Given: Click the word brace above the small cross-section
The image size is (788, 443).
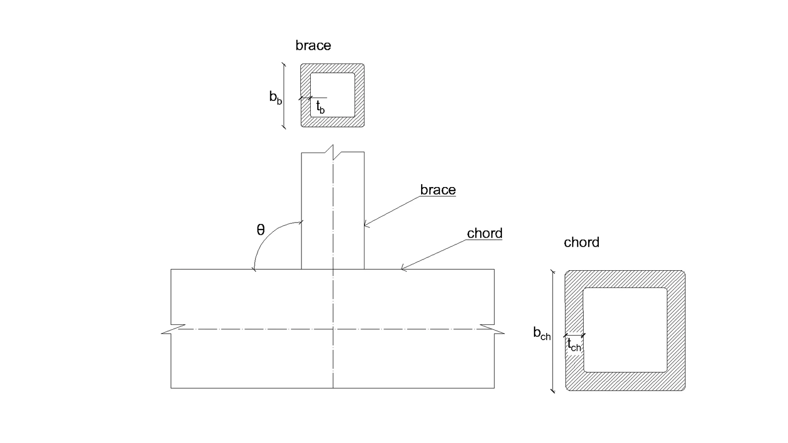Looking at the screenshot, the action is [313, 46].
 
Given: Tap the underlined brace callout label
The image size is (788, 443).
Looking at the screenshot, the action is [438, 190].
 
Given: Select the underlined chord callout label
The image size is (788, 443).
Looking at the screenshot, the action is [485, 233].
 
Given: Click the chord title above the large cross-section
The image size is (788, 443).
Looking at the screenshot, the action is [582, 242].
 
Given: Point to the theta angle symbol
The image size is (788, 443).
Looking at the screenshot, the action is [261, 230].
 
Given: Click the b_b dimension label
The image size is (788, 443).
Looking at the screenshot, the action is [275, 97].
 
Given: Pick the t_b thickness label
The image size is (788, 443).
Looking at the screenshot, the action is [320, 107].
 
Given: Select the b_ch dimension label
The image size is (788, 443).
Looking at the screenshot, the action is [542, 333].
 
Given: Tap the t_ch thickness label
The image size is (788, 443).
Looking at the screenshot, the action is [574, 344].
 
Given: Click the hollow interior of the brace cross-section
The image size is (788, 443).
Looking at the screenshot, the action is [332, 95].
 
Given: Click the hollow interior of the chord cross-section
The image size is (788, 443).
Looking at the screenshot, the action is [625, 330].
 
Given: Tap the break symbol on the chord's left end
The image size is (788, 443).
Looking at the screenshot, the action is [173, 329].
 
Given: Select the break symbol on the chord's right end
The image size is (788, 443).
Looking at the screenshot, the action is [492, 329].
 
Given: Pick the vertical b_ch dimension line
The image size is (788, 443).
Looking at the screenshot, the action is [553, 330].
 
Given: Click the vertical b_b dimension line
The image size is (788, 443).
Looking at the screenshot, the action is [284, 95].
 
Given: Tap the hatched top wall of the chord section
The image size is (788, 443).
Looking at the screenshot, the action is [625, 279].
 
